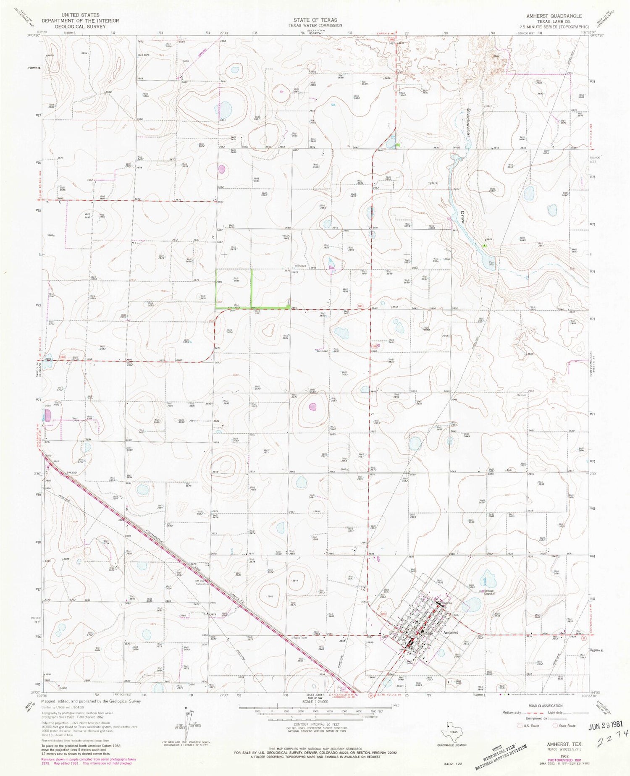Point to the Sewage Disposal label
coord(488,592)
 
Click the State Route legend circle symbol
coord(555,725)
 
